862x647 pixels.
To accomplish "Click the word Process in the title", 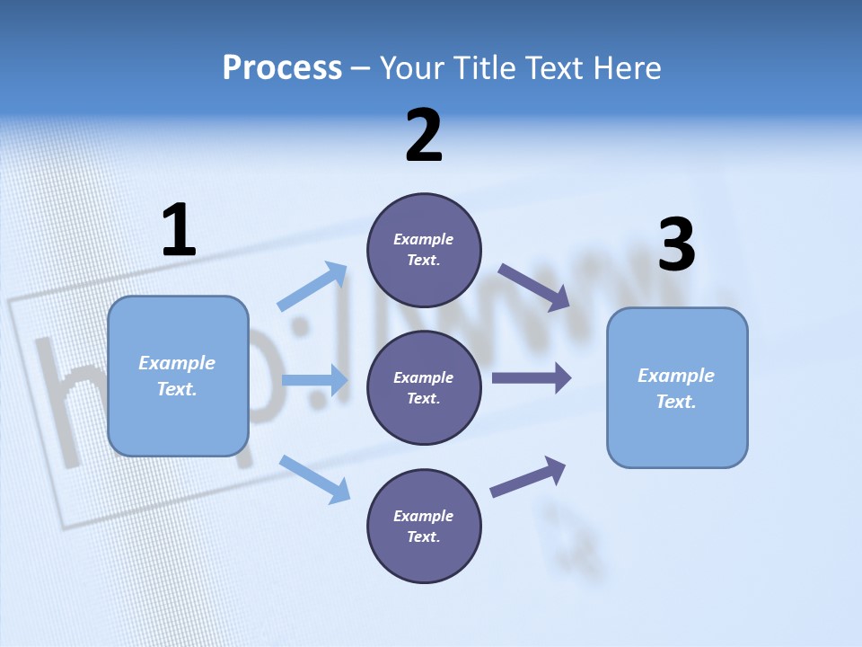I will click(x=282, y=67).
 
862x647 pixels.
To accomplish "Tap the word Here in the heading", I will click(x=624, y=67).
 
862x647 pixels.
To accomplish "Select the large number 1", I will click(x=179, y=231).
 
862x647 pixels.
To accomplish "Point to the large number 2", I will click(x=424, y=136).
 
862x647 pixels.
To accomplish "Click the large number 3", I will click(x=676, y=245).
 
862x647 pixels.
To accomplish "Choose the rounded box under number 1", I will click(x=178, y=376).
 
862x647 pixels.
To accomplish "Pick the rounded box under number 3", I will click(x=677, y=387).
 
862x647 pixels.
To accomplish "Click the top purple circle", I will click(x=424, y=250).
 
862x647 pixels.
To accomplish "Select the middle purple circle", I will click(x=424, y=387).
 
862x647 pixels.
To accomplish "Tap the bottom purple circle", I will click(x=424, y=526).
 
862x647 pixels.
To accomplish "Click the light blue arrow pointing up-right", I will click(x=312, y=287).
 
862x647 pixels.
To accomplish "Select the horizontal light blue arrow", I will click(x=314, y=380).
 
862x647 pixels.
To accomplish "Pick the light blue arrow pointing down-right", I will click(x=314, y=479).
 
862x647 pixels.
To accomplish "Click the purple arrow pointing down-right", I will click(x=533, y=288).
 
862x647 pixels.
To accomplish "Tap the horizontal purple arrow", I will click(x=531, y=378).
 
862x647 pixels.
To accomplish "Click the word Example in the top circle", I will click(x=423, y=239).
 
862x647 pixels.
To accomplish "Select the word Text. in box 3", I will click(x=676, y=402).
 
